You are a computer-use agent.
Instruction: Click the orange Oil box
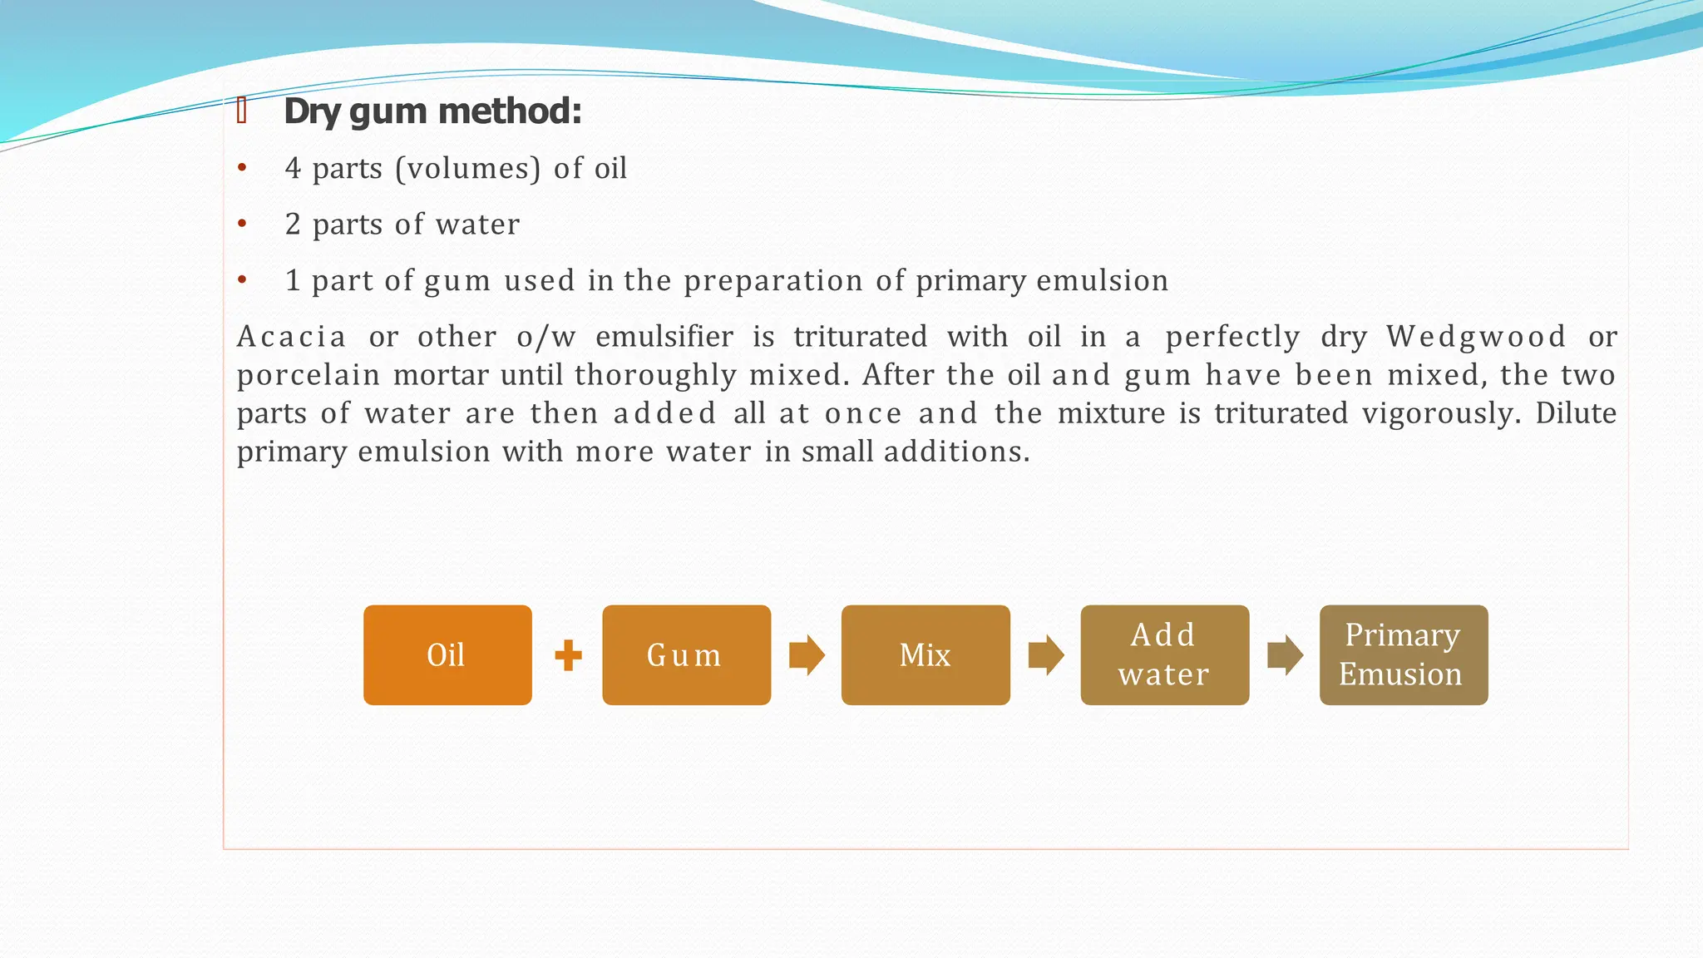tap(447, 655)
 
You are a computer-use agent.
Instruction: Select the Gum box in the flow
tap(686, 655)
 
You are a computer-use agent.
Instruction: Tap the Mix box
tap(926, 655)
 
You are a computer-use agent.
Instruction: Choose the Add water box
tap(1164, 655)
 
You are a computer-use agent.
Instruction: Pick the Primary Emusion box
tap(1403, 655)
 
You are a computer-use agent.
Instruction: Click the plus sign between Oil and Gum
tap(568, 655)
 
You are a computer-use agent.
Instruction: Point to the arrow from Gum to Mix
tap(806, 655)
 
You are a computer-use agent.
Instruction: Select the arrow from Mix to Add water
tap(1045, 655)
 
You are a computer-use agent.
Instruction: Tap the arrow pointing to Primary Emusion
tap(1285, 655)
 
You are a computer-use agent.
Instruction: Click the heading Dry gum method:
tap(432, 111)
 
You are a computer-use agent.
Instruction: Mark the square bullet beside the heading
tap(242, 110)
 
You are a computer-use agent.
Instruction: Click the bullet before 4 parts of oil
tap(242, 169)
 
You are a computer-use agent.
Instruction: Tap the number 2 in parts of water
tap(293, 225)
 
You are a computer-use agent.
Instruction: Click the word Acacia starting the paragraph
tap(291, 337)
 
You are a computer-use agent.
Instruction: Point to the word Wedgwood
tap(1476, 337)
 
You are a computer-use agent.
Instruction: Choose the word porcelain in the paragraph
tap(309, 376)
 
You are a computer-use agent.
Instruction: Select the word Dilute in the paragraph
tap(1576, 413)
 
